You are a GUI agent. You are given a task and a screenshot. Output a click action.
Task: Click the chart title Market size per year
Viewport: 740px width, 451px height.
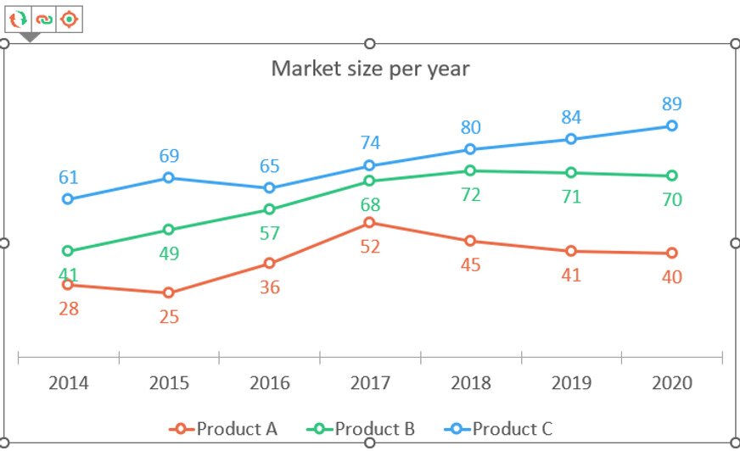tap(370, 68)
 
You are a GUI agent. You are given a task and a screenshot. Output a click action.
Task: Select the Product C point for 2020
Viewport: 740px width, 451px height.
tap(671, 125)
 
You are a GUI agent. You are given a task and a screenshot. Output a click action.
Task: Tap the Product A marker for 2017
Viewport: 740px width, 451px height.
tap(369, 222)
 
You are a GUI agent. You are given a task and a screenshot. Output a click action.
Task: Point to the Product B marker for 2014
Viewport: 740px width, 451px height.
tap(68, 251)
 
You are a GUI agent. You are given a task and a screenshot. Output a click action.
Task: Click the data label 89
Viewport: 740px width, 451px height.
tap(671, 104)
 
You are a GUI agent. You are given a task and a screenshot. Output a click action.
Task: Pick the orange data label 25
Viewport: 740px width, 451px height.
tap(168, 317)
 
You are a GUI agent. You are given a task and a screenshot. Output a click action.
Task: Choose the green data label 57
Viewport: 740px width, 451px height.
tap(269, 233)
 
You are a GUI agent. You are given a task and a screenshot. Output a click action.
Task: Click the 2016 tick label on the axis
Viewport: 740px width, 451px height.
tap(269, 383)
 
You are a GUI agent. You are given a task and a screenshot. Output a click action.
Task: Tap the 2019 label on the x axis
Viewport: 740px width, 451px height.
tap(571, 383)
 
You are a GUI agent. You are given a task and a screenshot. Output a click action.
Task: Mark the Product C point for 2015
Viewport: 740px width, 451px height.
tap(168, 177)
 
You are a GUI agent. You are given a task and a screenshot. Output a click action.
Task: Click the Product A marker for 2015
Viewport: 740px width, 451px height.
tap(168, 292)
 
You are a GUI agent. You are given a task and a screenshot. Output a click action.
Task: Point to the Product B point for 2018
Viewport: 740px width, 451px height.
tap(470, 170)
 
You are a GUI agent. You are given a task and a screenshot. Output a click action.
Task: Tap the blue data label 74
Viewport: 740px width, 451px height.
tap(369, 142)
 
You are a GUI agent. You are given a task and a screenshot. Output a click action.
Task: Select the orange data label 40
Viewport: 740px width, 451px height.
tap(671, 276)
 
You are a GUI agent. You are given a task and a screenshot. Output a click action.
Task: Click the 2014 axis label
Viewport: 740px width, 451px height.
tap(68, 383)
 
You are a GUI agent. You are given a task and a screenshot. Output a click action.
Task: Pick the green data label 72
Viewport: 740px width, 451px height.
tap(470, 195)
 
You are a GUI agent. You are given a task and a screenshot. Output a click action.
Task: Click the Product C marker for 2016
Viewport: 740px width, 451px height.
tap(269, 187)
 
